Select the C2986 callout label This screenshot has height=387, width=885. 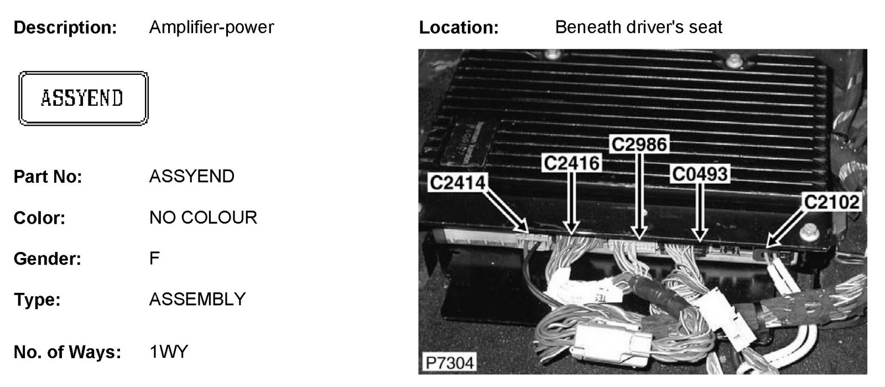639,144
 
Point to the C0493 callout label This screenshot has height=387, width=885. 700,174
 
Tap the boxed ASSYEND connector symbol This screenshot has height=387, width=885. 84,99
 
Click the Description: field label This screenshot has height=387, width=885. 65,28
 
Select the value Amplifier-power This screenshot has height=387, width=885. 211,27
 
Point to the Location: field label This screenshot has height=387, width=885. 459,28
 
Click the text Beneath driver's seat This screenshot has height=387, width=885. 638,27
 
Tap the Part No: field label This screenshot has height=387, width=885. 48,177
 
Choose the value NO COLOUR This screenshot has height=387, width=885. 203,218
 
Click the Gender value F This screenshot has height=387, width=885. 154,258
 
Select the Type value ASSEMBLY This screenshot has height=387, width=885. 197,299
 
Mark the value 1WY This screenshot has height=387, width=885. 169,352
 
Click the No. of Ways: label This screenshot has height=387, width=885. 67,352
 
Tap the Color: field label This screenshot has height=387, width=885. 39,218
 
